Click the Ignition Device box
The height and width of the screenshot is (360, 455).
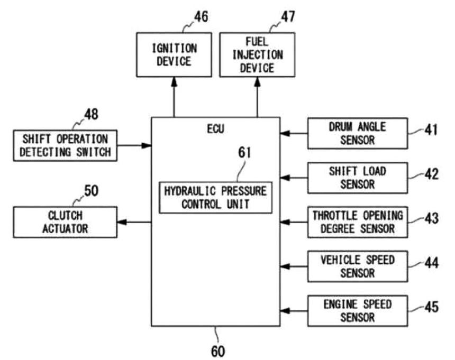[x=174, y=55]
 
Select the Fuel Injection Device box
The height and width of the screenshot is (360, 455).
[x=257, y=55]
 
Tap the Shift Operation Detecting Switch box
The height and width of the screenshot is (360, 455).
[x=65, y=145]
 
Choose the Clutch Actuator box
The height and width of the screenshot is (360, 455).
[x=65, y=223]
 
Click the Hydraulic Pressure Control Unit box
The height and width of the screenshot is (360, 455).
[x=216, y=198]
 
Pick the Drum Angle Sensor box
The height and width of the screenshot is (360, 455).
[x=358, y=133]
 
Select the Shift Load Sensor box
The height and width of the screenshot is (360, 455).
[x=358, y=178]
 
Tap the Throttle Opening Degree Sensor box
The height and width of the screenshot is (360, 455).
[x=358, y=223]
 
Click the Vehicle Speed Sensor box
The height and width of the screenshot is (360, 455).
[x=358, y=266]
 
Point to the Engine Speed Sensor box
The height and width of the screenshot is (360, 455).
[x=358, y=311]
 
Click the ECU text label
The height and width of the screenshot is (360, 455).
[x=216, y=129]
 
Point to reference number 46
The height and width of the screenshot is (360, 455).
[x=201, y=17]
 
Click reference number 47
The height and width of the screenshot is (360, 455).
[x=288, y=17]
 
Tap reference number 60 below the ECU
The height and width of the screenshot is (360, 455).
[x=218, y=352]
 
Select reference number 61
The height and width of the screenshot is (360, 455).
[x=244, y=152]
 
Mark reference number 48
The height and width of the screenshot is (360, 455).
[x=91, y=114]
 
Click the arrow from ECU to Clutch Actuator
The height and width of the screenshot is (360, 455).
[x=134, y=223]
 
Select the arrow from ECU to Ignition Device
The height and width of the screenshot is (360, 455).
[x=174, y=97]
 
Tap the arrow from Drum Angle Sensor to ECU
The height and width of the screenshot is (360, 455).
[x=294, y=133]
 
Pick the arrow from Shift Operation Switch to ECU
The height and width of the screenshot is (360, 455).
[x=134, y=145]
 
